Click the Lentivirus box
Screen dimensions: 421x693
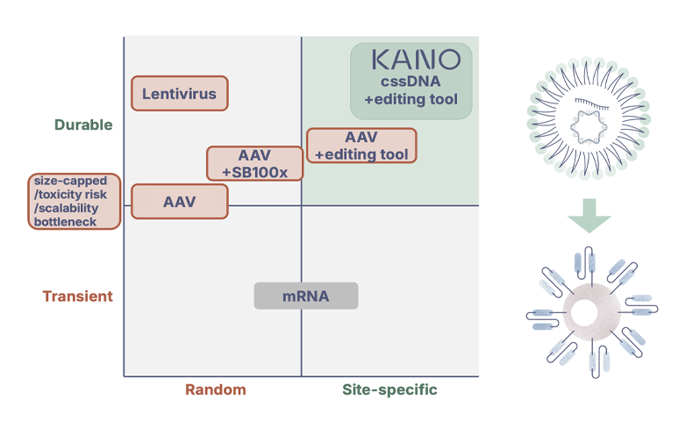pos(180,94)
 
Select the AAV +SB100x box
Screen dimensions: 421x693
pos(254,163)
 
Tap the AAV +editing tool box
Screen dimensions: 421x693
pos(361,146)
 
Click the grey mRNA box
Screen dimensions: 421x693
pos(306,296)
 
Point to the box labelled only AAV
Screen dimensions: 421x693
pos(180,201)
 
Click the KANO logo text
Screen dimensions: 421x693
pos(415,61)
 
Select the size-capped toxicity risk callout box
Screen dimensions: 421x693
pos(75,201)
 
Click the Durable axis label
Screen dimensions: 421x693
pos(83,125)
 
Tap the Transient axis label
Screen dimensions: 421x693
pos(78,296)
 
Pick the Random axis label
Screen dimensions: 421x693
pos(215,389)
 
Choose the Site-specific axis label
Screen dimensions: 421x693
pos(389,389)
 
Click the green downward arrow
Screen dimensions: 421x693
pos(584,217)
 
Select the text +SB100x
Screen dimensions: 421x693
pos(254,171)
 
